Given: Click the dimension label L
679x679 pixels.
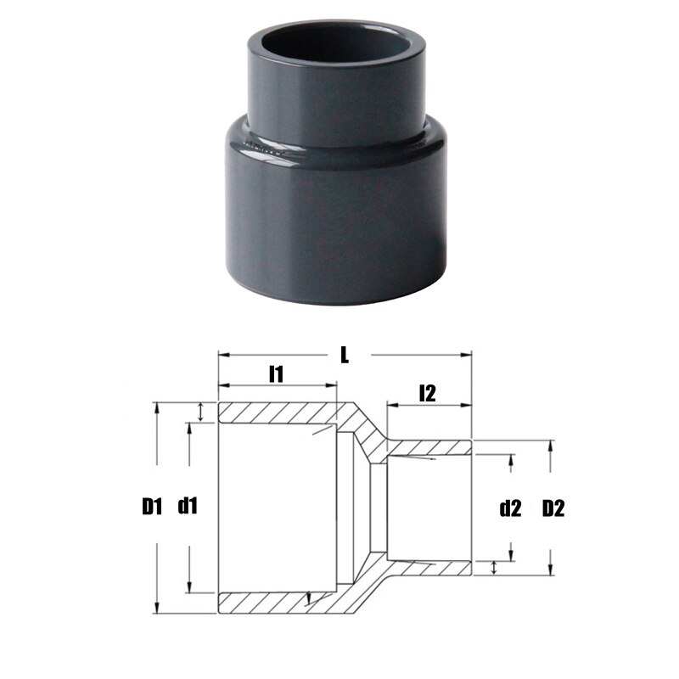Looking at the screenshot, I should pos(344,355).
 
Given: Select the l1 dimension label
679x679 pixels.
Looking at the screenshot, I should pos(276,373).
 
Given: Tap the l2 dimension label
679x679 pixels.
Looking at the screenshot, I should pos(427,392).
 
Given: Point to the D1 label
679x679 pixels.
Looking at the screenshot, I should pos(151,508).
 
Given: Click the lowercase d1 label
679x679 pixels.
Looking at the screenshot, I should pos(188,508).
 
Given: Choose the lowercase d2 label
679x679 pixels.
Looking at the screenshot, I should pos(510,509).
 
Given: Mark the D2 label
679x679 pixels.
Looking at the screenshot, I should pos(553,509).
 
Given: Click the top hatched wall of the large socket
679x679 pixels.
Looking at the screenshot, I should pos(276,413).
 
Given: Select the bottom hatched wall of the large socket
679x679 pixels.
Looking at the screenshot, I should pos(276,603).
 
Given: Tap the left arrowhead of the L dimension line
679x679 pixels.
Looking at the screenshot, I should pos(222,355).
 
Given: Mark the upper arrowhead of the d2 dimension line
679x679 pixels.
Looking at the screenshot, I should pos(511,459).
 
